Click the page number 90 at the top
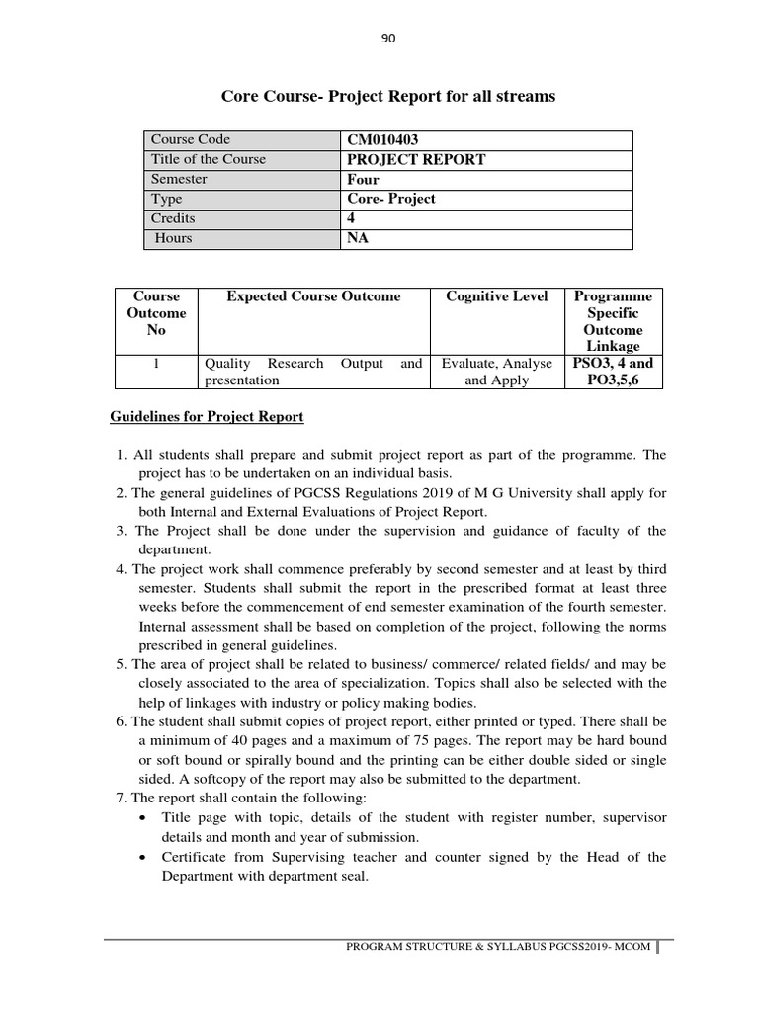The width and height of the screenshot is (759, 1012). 387,39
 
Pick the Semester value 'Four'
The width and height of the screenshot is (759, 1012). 364,180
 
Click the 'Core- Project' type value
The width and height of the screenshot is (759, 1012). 391,200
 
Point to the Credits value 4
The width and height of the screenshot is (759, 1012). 352,218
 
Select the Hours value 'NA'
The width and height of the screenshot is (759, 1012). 358,238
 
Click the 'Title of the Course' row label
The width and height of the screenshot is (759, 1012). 208,160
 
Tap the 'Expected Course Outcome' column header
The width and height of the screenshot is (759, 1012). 313,296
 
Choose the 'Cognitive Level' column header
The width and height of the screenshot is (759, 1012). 496,296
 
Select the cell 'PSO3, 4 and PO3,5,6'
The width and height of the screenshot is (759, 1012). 613,372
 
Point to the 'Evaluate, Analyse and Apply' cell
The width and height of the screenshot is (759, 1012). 496,372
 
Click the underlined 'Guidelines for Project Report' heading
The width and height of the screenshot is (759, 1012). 207,417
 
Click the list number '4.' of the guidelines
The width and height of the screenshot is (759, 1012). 122,569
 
